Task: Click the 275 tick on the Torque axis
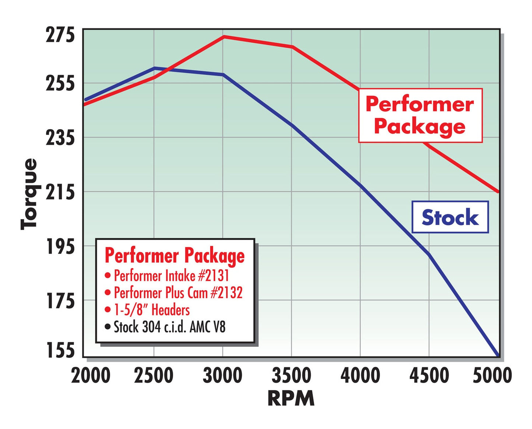tap(60, 35)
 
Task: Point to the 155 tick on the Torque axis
tap(60, 351)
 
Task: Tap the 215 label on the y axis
tap(60, 192)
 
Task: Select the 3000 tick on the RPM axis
tap(222, 376)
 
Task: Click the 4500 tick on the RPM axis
tap(429, 376)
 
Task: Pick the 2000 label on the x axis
tap(91, 376)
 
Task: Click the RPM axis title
tap(291, 398)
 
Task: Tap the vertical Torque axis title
tap(29, 194)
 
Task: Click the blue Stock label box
tap(450, 217)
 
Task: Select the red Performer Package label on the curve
tap(420, 115)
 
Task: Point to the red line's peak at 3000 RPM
tap(223, 36)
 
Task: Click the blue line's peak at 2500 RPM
tap(155, 68)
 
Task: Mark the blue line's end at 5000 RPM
tap(498, 355)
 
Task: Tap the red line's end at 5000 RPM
tap(498, 192)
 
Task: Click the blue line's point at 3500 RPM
tap(292, 125)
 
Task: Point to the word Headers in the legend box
tap(170, 310)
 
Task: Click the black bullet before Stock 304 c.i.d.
tap(108, 327)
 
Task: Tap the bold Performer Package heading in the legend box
tap(175, 256)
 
